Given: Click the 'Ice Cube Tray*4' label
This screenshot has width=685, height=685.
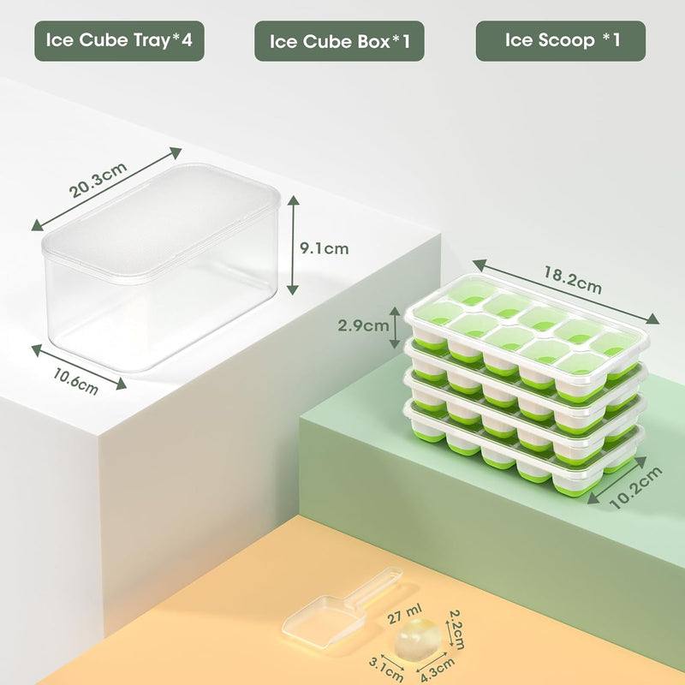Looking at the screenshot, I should (x=119, y=40).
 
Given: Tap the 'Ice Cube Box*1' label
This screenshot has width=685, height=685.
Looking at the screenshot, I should (x=339, y=40).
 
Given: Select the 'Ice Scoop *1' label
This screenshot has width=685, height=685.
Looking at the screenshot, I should (x=560, y=40).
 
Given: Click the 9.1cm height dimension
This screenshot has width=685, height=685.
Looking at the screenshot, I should (x=325, y=248).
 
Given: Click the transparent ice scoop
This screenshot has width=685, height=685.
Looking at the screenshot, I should (x=318, y=620).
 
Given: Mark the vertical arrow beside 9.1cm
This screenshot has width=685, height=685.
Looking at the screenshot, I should (x=293, y=243).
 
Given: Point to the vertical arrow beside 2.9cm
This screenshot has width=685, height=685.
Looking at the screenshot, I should (x=395, y=325).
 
